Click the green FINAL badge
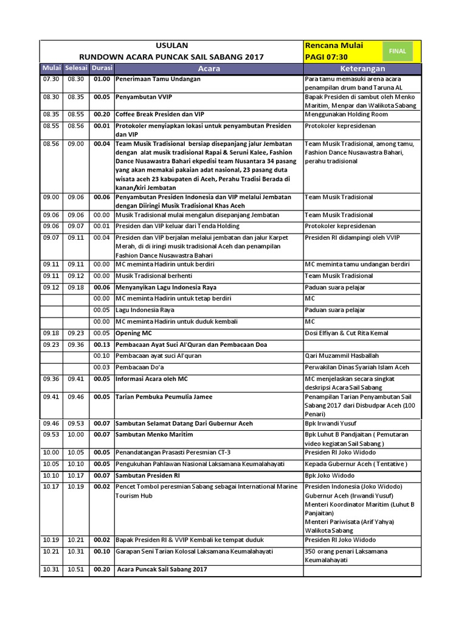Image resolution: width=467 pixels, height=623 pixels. [x=398, y=51]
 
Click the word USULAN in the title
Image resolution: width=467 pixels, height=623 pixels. [x=172, y=45]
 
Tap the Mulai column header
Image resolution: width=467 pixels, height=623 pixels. [x=52, y=68]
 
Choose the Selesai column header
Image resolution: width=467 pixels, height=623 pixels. [x=77, y=68]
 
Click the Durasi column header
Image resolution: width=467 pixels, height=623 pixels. [x=102, y=68]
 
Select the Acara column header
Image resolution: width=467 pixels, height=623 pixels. [x=209, y=69]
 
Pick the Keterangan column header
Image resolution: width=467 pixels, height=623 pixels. [x=363, y=69]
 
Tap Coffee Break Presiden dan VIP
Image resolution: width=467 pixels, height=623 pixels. [x=160, y=114]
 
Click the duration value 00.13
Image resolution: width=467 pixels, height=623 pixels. [x=102, y=344]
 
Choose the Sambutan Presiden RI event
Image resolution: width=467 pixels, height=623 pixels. [x=148, y=475]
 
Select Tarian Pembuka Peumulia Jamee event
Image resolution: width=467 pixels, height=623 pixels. [x=164, y=397]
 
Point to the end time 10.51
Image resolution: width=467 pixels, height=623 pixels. [x=75, y=569]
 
